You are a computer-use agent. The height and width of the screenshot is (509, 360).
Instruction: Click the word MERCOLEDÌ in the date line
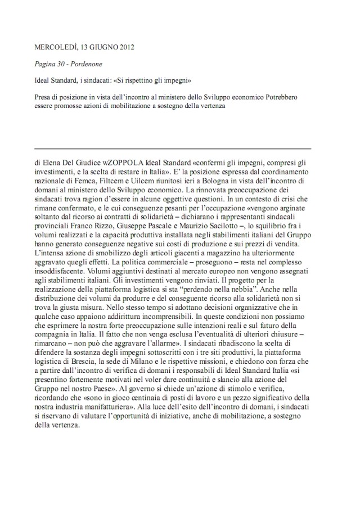point(53,47)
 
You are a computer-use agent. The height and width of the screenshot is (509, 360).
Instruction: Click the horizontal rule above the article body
point(173,148)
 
